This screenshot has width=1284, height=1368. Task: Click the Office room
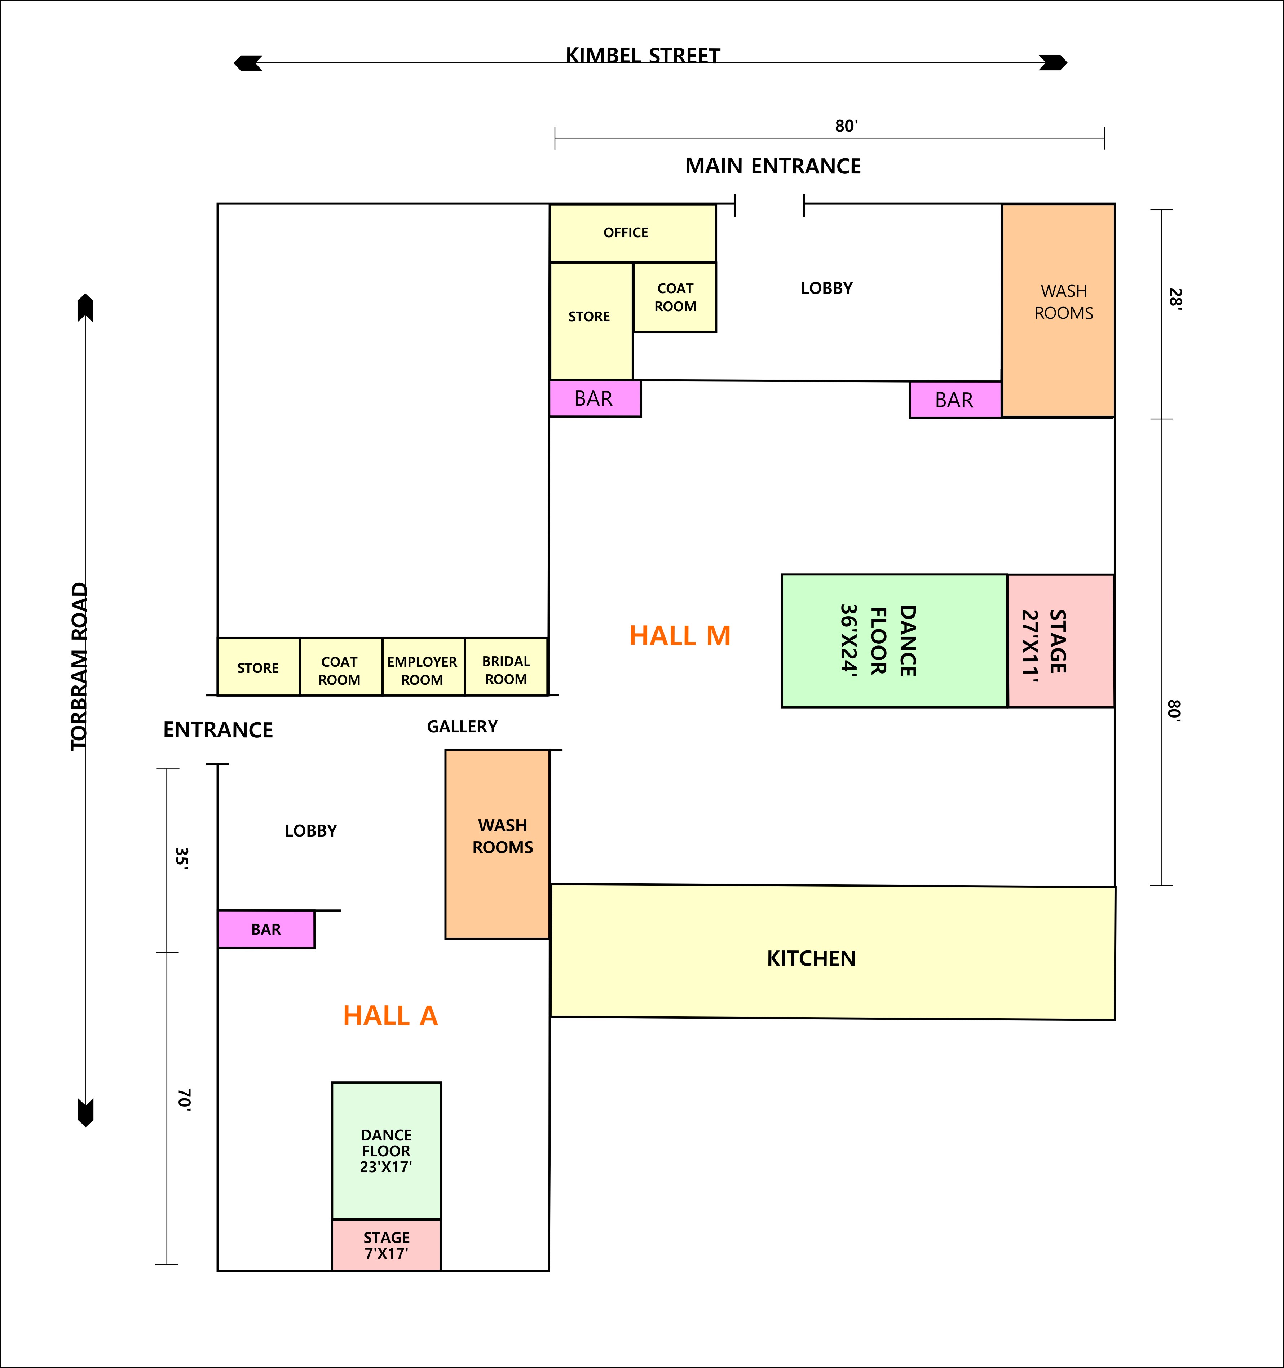pos(632,233)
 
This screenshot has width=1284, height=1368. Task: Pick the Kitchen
pos(833,952)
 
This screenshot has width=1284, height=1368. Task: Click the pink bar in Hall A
pos(266,929)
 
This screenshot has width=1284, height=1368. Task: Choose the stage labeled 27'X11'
pos(1060,641)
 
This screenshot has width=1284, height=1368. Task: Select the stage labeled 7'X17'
pos(386,1245)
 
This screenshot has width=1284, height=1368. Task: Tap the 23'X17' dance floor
pos(386,1151)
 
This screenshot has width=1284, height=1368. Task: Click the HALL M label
pos(680,636)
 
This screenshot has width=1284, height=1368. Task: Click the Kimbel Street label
pos(643,55)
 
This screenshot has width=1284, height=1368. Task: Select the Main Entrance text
pos(773,166)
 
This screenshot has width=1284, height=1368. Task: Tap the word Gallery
pos(462,727)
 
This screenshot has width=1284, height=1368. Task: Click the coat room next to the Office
pos(675,297)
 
